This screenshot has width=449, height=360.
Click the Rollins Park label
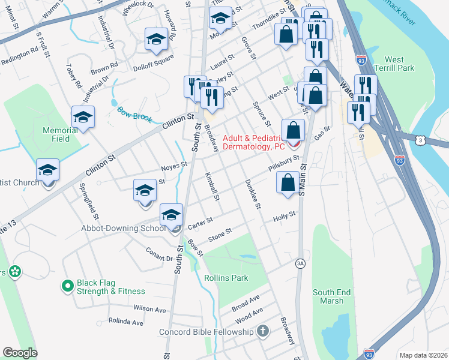point(226,278)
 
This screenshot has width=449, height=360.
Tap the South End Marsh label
point(331,297)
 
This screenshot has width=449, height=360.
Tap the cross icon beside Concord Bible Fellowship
point(262,331)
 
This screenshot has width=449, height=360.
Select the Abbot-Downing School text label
point(124,228)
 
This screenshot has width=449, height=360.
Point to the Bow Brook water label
point(134,114)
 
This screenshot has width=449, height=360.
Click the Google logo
point(20,353)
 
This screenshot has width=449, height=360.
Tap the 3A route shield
point(300,263)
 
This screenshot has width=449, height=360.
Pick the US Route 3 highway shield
point(421,139)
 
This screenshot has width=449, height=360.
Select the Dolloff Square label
point(154,62)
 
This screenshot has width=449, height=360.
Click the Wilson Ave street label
point(149,308)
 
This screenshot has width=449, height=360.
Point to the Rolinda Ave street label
point(125,322)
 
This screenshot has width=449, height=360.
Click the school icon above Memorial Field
point(83,117)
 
